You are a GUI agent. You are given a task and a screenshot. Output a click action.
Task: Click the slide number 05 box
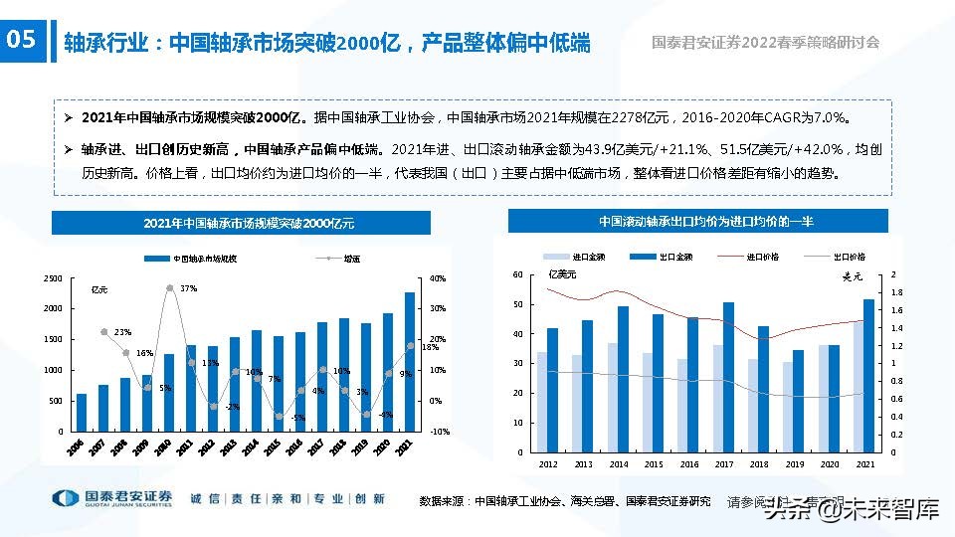pos(22,40)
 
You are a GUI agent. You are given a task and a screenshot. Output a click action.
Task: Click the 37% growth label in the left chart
pos(188,288)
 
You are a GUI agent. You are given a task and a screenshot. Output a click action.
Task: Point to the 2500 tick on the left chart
pos(53,278)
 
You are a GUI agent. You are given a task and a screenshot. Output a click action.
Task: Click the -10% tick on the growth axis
pos(438,432)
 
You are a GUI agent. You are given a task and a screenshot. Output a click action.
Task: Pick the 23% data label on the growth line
pos(122,331)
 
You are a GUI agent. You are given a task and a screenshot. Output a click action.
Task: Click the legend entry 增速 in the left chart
pos(351,258)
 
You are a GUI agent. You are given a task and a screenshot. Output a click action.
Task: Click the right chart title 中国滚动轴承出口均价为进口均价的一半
pos(705,221)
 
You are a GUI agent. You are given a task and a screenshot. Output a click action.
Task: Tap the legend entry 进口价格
pos(762,257)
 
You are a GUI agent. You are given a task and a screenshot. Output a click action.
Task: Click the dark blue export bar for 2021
pos(868,375)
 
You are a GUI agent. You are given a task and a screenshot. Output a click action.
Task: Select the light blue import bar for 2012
pos(542,402)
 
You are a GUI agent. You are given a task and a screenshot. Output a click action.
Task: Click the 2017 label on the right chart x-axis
pos(723,464)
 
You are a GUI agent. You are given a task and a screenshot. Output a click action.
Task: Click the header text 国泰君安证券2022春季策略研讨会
pos(765,43)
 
